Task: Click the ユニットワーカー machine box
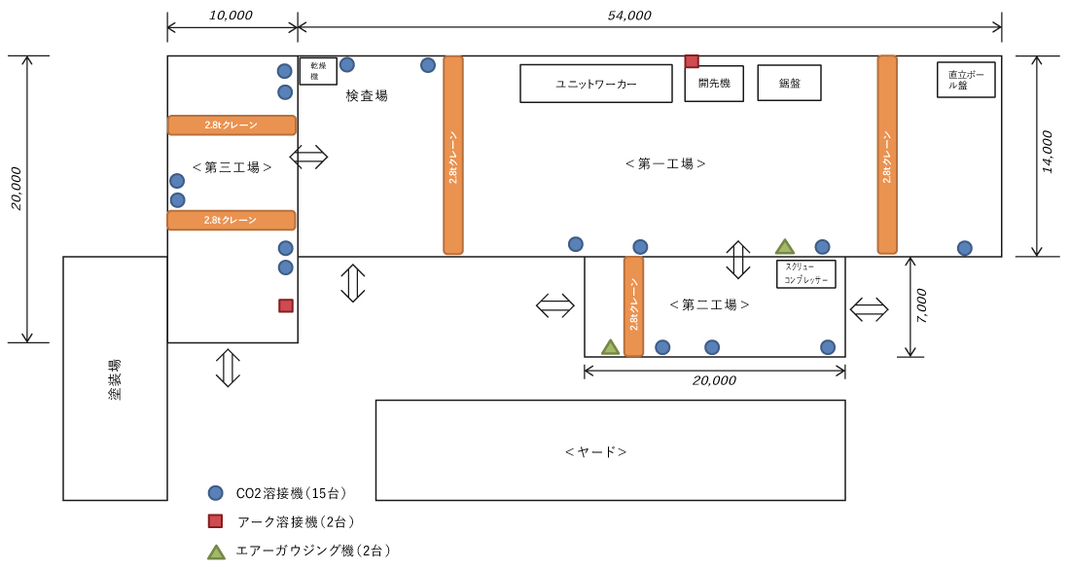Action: pos(595,84)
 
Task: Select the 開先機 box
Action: pos(714,84)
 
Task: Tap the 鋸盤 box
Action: pos(789,83)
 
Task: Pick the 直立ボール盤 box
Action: pos(966,79)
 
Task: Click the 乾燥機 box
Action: pos(317,71)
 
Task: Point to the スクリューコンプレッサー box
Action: pos(806,272)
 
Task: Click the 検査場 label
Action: pos(367,95)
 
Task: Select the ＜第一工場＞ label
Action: pos(665,164)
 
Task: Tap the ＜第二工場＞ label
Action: pos(709,304)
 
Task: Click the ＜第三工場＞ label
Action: pos(232,167)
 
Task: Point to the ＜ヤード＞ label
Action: pos(595,452)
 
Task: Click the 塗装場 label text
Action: pos(115,379)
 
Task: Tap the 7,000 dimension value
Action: pos(922,306)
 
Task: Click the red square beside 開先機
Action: pos(692,61)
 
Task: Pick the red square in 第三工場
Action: pos(286,305)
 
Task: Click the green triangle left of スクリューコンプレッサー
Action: pos(785,247)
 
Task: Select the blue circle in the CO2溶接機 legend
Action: pos(215,493)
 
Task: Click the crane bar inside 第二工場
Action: pos(633,305)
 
